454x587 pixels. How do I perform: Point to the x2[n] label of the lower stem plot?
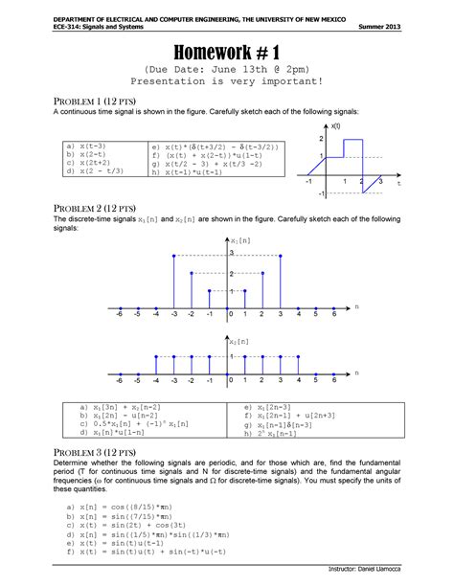point(239,340)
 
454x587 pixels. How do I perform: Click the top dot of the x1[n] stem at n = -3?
point(172,256)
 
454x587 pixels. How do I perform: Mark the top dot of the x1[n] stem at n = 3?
point(281,256)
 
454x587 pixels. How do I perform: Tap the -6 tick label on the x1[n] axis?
point(119,314)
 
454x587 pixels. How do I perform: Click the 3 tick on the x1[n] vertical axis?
point(232,253)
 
